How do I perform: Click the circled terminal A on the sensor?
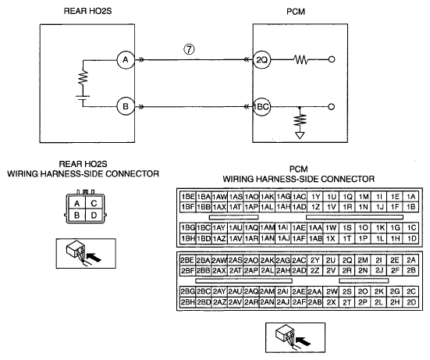[126, 60]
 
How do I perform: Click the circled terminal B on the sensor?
[126, 106]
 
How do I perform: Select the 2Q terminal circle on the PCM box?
[261, 60]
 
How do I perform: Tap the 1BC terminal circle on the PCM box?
[261, 106]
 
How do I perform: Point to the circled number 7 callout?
[189, 49]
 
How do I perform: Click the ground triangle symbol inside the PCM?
[300, 136]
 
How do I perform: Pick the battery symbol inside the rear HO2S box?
[83, 98]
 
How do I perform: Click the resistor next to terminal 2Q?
[300, 59]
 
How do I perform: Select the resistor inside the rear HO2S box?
[83, 77]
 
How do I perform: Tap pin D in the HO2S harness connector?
[94, 216]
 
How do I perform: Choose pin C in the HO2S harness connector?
[94, 203]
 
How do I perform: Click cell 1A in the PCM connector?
[410, 197]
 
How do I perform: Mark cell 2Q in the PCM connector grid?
[347, 260]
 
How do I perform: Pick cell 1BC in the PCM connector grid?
[204, 228]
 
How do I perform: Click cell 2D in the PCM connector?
[411, 302]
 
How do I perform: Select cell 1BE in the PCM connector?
[188, 197]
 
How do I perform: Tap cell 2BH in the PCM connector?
[188, 302]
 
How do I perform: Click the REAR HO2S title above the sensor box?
[87, 11]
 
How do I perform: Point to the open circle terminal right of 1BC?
[331, 107]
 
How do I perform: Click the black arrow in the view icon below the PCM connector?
[304, 341]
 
